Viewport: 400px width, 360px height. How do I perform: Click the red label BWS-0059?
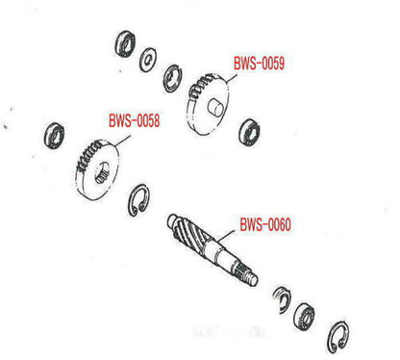click(259, 64)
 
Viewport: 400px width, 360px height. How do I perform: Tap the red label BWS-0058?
click(134, 121)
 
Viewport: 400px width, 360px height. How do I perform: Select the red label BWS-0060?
click(265, 224)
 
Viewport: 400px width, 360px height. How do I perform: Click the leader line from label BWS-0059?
click(232, 80)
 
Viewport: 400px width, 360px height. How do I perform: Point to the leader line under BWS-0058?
click(122, 141)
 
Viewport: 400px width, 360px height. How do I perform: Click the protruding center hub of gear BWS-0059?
click(214, 108)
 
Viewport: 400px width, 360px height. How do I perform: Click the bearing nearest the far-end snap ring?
click(304, 315)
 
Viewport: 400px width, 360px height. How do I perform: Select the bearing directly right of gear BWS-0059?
click(249, 132)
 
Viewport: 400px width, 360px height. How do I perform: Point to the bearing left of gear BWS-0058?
click(54, 136)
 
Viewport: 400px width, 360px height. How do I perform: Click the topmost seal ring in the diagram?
click(125, 43)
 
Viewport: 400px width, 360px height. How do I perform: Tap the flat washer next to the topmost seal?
click(148, 60)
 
